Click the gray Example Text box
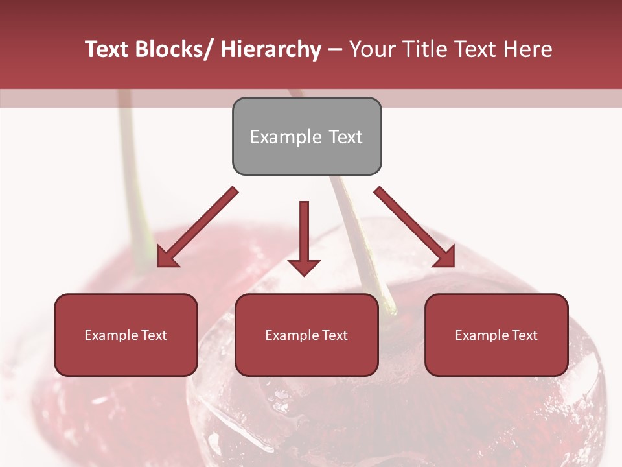pos(306,136)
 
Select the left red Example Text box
pos(126,335)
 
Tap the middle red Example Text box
pos(306,335)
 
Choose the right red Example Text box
pos(496,335)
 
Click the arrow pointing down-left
pos(198,228)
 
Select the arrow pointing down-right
pos(415,228)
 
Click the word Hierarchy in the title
pos(271,49)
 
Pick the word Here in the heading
pos(527,49)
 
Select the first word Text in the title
pos(107,49)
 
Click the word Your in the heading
pos(371,49)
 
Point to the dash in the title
pos(335,49)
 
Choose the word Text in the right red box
pos(524,335)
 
